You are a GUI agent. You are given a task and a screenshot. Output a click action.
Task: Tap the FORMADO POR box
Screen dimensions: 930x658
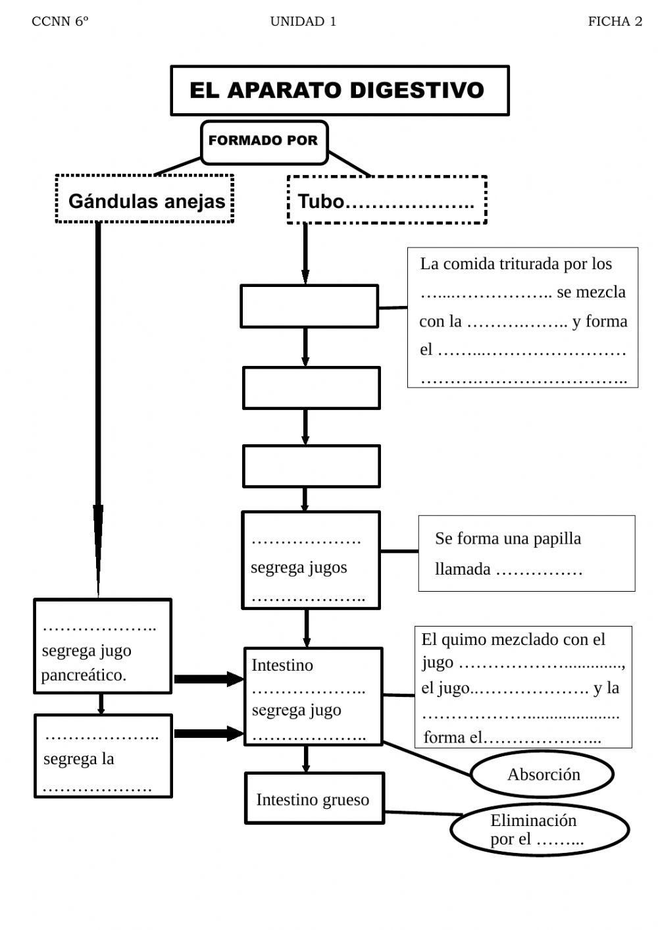tap(263, 141)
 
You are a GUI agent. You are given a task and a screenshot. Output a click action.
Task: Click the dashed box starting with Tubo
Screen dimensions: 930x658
tap(386, 201)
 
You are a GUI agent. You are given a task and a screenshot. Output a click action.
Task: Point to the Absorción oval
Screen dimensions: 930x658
tap(543, 775)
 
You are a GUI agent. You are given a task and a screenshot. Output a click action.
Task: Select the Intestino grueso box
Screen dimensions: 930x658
tap(313, 799)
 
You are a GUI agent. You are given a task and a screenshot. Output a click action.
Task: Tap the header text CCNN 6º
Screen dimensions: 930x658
tap(60, 22)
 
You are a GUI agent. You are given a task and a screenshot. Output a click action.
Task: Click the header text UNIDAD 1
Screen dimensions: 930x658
tap(303, 22)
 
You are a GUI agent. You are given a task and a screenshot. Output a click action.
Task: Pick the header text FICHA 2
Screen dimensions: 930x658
tap(615, 22)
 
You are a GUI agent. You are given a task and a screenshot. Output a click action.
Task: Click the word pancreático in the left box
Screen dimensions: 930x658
tap(83, 675)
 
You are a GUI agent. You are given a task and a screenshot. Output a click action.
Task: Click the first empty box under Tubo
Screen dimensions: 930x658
tap(309, 306)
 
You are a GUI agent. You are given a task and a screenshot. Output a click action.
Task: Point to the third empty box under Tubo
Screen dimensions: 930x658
tap(311, 466)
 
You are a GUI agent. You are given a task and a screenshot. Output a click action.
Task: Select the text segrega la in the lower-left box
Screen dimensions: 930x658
tap(78, 759)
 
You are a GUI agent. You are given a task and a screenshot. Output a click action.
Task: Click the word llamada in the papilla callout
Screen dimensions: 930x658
tap(463, 569)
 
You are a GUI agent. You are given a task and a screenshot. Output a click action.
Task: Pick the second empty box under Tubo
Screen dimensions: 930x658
tap(311, 388)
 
